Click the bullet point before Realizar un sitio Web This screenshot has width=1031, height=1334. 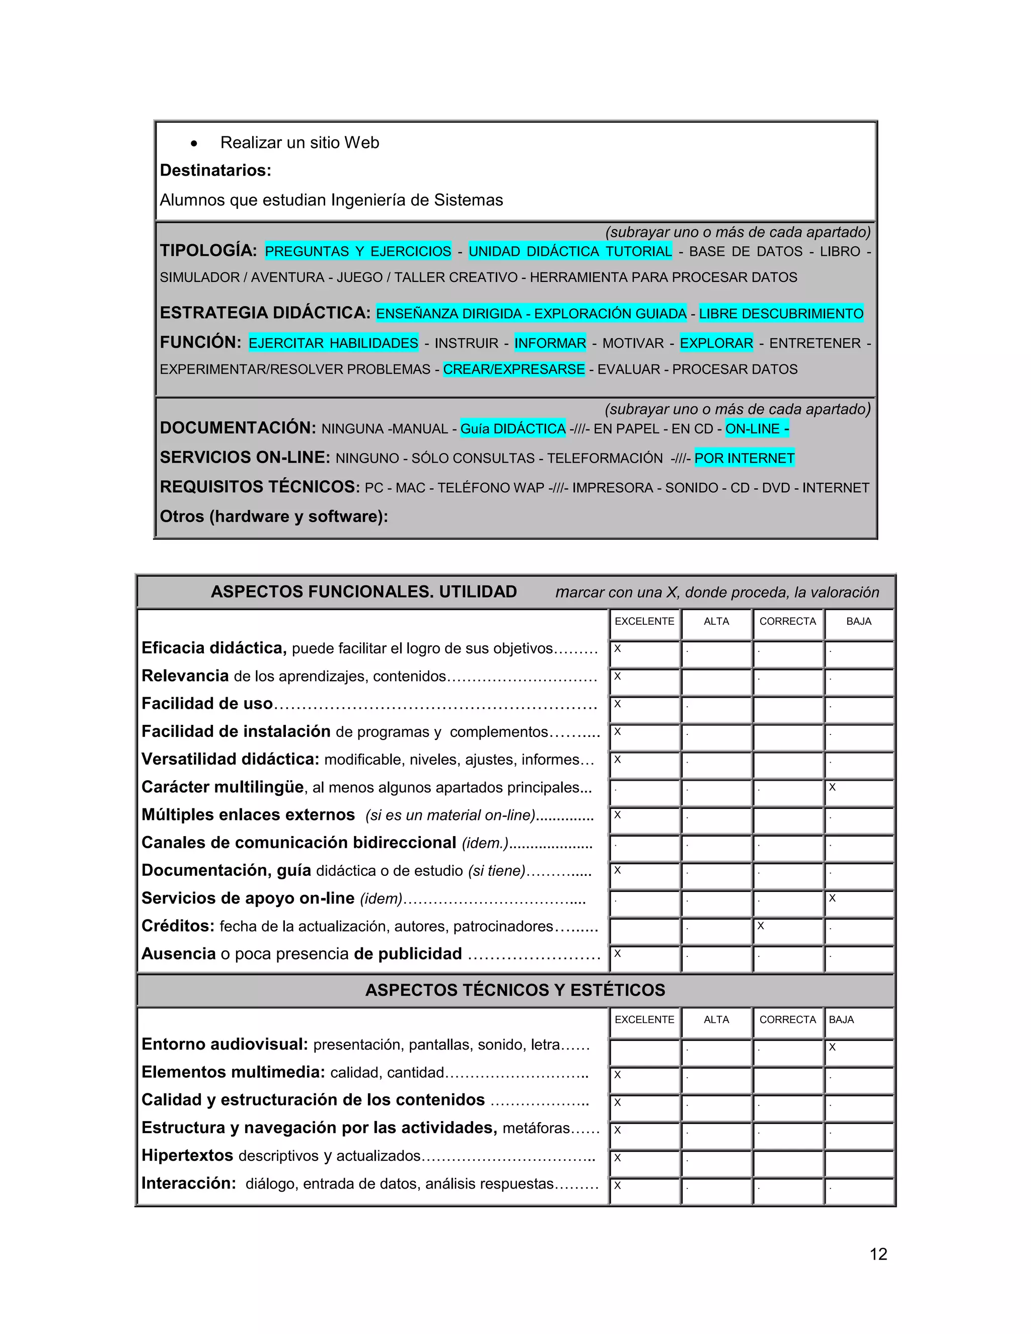pos(194,144)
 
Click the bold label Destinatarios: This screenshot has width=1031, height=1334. pos(215,171)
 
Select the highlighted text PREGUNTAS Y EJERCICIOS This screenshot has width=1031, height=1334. pos(358,251)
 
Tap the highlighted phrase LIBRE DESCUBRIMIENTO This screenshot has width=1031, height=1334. pos(781,313)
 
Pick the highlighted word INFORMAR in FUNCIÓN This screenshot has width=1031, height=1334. pos(550,343)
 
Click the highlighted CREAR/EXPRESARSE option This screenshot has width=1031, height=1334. pos(513,369)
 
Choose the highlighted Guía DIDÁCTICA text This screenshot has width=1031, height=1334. pos(512,429)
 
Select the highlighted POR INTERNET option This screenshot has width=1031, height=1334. pos(744,458)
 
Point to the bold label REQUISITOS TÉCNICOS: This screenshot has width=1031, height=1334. pos(260,487)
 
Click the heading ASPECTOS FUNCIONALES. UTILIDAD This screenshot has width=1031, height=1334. pos(363,591)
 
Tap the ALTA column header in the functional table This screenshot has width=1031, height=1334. pos(716,621)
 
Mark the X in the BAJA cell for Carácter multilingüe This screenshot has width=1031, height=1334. pos(832,787)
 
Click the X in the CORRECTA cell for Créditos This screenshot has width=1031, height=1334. pos(761,926)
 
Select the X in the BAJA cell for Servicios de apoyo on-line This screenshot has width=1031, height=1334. pos(832,898)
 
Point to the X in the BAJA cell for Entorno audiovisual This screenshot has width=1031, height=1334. pos(832,1047)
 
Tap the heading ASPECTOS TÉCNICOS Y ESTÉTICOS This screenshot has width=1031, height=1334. pos(515,990)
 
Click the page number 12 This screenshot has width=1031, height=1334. pos(877,1254)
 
